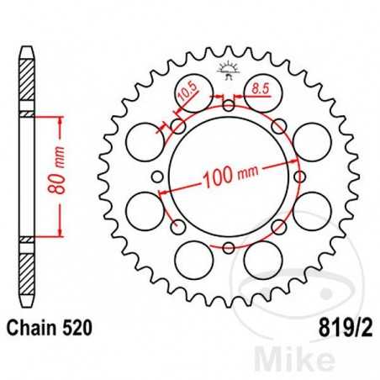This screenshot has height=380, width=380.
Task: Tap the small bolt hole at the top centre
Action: click(x=229, y=105)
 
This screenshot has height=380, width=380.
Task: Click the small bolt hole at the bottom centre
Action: click(x=229, y=246)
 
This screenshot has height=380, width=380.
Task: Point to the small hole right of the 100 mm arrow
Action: click(x=299, y=176)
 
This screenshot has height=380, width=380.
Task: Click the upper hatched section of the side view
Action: click(x=29, y=84)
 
